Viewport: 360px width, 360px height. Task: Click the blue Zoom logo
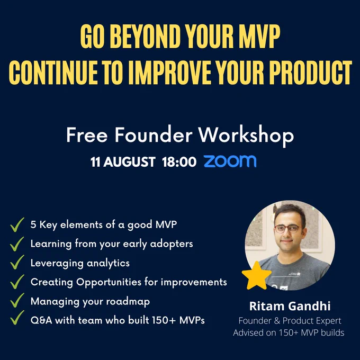230,161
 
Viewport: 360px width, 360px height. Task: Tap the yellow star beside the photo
256,275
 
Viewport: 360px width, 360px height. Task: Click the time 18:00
179,162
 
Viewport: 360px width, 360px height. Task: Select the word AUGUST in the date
130,162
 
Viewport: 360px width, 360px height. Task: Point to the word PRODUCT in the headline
310,73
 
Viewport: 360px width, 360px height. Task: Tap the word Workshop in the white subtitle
246,135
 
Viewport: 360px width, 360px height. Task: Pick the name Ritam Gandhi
290,306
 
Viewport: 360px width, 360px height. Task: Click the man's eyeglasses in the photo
287,229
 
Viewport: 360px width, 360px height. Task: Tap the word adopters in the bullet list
172,244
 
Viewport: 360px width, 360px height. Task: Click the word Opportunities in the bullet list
109,282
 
